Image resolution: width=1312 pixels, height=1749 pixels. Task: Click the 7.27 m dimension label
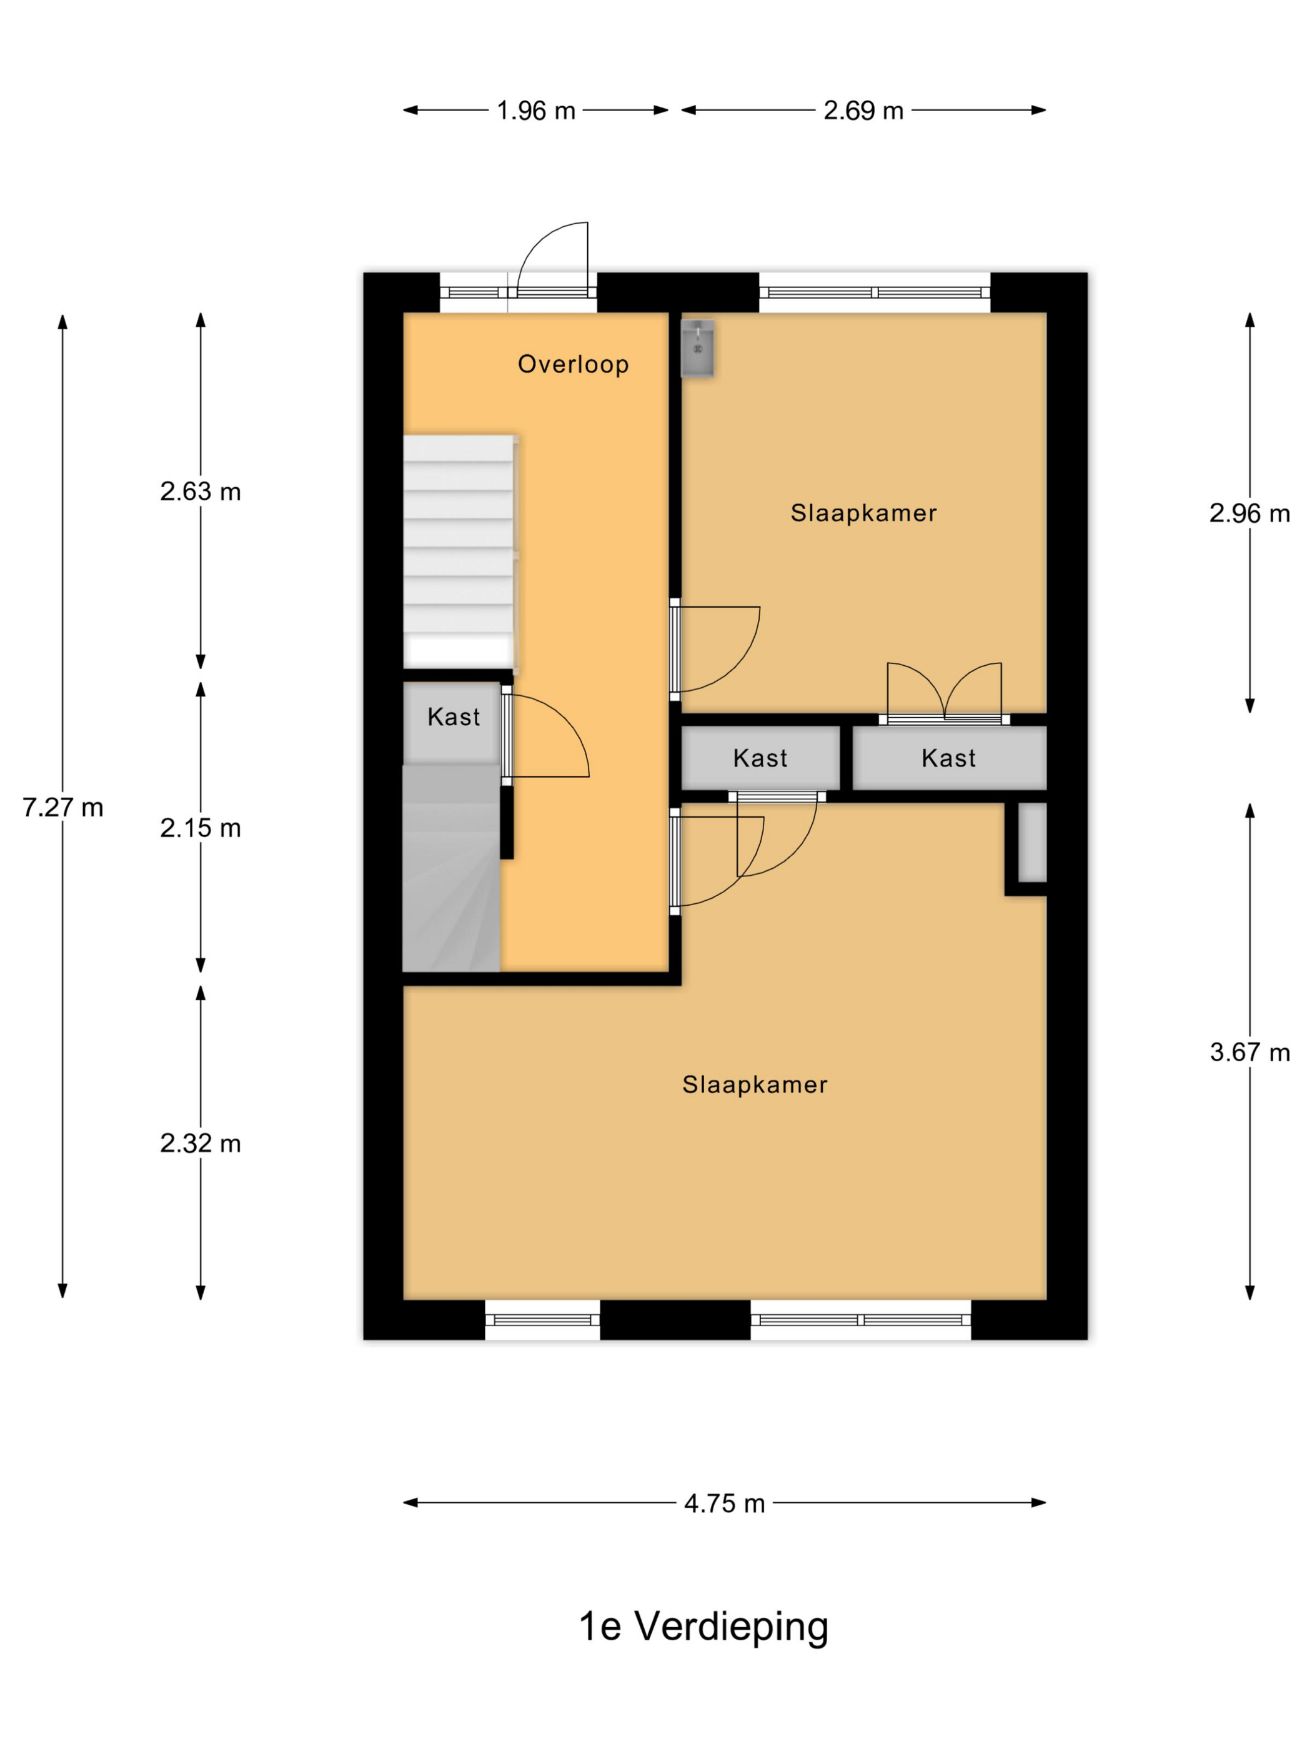coord(62,807)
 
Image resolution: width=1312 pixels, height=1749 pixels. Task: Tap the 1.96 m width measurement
coord(535,111)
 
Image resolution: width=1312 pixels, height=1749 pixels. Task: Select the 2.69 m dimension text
coord(863,111)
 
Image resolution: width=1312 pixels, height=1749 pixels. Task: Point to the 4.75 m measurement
coord(723,1503)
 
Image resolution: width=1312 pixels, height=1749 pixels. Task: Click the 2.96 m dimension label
coord(1249,514)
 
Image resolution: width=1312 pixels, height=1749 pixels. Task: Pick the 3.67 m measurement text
coord(1249,1053)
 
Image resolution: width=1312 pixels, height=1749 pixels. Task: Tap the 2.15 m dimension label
coord(200,828)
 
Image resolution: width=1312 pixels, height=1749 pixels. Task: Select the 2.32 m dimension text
coord(200,1143)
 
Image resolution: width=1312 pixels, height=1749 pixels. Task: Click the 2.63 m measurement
coord(200,492)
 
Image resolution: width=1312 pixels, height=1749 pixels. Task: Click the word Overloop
coord(572,365)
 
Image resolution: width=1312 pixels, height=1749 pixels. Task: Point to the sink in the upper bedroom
coord(697,348)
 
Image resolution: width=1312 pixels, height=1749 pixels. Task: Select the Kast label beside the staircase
coord(453,717)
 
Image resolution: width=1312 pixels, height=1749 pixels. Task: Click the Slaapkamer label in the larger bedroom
coord(755,1085)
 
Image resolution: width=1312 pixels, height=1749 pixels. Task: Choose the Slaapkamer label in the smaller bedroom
coord(863,513)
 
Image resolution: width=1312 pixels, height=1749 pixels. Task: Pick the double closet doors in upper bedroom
coord(943,691)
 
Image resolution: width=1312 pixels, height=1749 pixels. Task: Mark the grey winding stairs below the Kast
coord(451,868)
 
